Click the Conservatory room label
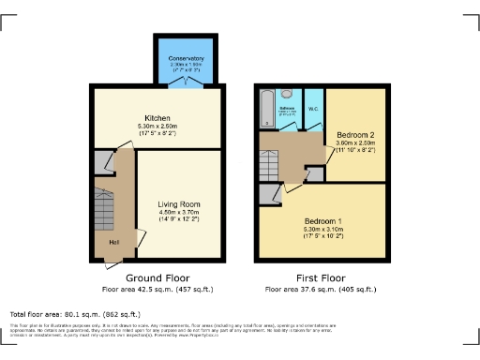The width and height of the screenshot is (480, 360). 186,60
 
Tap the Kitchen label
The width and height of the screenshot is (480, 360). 156,117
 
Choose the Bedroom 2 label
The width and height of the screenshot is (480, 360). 355,135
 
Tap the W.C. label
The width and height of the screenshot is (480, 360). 312,110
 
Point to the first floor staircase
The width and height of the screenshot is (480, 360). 269,167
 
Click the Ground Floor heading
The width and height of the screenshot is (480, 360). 156,278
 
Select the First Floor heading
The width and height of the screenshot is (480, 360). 319,278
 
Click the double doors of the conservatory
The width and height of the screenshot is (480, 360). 186,83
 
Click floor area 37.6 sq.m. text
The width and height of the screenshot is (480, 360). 319,289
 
